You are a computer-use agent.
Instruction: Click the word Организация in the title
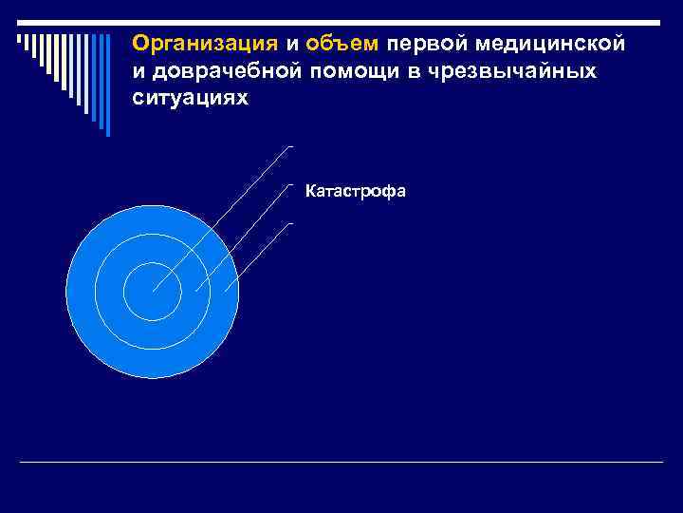205,44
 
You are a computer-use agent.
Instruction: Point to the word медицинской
555,44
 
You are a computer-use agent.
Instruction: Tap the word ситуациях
190,99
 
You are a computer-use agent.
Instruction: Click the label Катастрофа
356,192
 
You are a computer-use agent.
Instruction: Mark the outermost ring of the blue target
82,292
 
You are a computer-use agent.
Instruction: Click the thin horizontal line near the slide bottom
341,462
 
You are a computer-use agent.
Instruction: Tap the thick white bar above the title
398,22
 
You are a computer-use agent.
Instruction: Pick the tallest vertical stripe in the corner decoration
107,85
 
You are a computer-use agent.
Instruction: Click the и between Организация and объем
291,44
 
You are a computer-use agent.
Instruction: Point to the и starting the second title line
138,71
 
